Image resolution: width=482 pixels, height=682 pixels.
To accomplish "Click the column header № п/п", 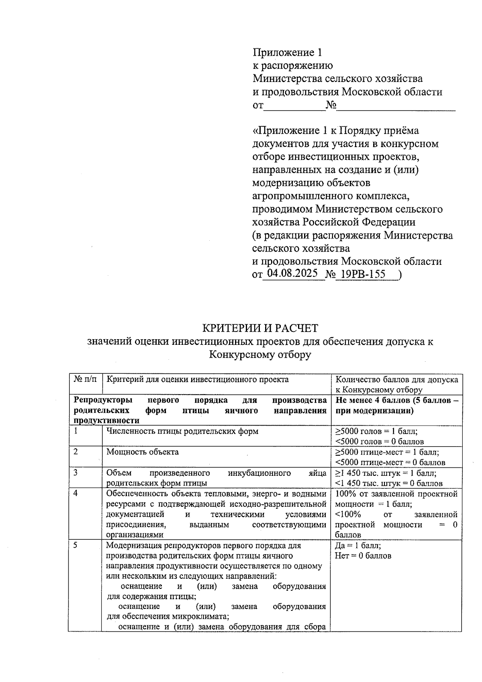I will pyautogui.click(x=85, y=379).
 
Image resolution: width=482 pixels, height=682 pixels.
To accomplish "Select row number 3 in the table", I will pyautogui.click(x=76, y=473).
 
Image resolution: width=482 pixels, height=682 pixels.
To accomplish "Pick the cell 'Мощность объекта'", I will pyautogui.click(x=143, y=452).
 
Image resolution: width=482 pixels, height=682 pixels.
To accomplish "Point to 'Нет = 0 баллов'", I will pyautogui.click(x=363, y=556).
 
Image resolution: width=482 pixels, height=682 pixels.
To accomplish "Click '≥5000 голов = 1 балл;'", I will pyautogui.click(x=376, y=431).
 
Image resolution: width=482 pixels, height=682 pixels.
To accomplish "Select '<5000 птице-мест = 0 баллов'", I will pyautogui.click(x=390, y=462).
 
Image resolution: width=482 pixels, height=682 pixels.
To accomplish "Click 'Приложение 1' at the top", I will pyautogui.click(x=287, y=52).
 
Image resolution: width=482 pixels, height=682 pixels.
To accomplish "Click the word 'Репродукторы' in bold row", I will pyautogui.click(x=103, y=400).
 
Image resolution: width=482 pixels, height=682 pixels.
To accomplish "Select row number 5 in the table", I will pyautogui.click(x=76, y=546).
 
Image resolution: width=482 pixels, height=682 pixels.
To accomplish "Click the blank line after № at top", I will pyautogui.click(x=396, y=106).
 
